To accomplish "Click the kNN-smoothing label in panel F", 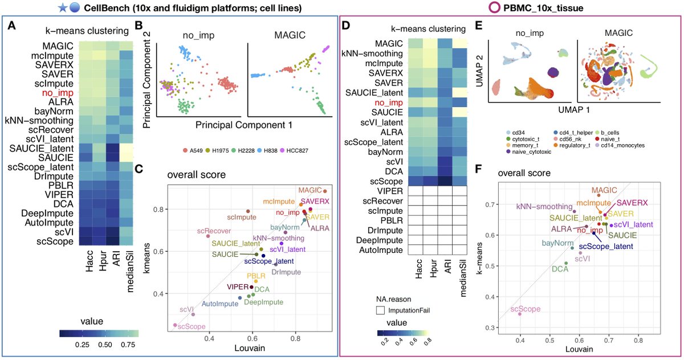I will [x=544, y=207].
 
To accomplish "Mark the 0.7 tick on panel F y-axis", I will [x=489, y=204].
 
